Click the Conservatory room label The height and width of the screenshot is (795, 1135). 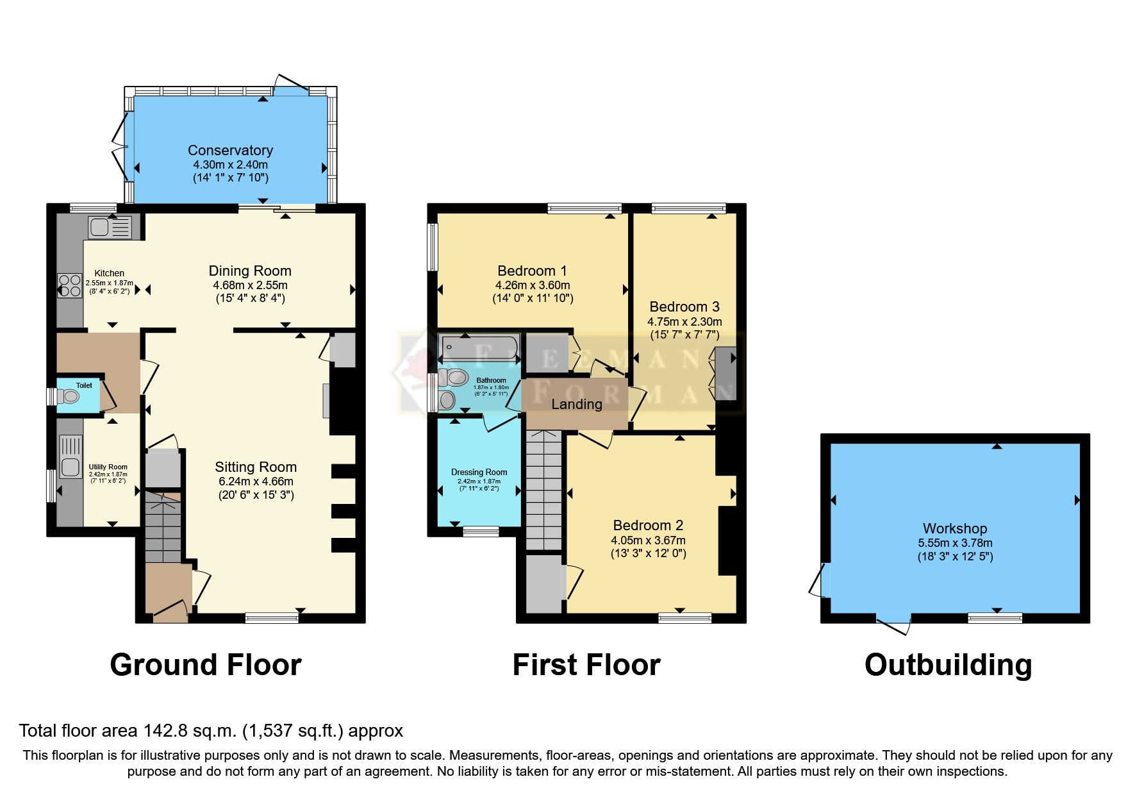click(230, 150)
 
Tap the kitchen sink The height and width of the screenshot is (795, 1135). click(110, 227)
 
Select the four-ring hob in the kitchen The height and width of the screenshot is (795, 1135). click(70, 286)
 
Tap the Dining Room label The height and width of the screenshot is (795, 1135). click(250, 271)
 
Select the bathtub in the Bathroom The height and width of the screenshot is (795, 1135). click(479, 348)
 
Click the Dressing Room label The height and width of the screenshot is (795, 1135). click(479, 472)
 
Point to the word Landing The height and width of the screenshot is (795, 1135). click(577, 405)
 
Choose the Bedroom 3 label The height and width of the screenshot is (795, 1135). click(684, 306)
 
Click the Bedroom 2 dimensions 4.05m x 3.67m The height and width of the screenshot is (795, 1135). click(648, 540)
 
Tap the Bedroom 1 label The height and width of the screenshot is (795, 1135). click(532, 271)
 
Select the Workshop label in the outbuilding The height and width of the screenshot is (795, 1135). click(954, 528)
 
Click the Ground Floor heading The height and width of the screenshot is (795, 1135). click(205, 665)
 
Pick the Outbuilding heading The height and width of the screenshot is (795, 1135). click(948, 665)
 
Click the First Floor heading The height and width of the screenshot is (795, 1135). click(586, 665)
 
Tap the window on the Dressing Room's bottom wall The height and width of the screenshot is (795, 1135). click(481, 531)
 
